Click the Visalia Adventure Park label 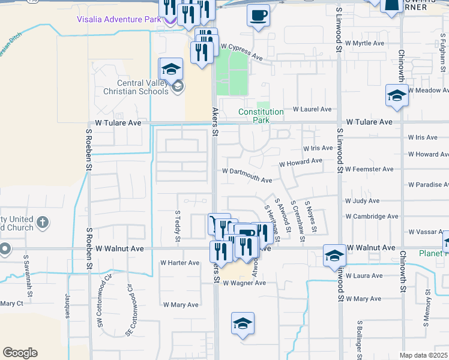[119, 19]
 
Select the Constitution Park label [261, 116]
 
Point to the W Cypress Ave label [242, 52]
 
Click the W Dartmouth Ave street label [247, 175]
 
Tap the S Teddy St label [178, 226]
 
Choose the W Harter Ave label [179, 263]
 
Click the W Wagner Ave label [244, 283]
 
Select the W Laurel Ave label [312, 109]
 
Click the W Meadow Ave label [429, 90]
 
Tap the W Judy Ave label [362, 201]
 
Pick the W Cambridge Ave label [372, 217]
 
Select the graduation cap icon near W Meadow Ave [396, 96]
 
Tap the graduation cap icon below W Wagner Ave [243, 324]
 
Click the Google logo [20, 352]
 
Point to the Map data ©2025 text [424, 355]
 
